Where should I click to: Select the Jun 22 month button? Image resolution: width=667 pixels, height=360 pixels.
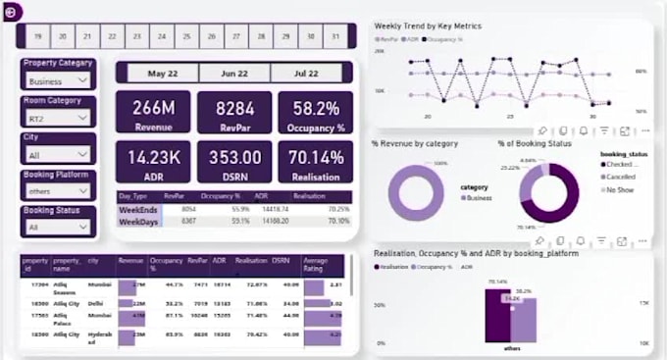(234, 74)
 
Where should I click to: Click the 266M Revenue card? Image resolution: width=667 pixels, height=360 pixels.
(152, 112)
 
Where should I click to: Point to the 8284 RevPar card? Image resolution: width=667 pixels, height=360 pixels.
(234, 112)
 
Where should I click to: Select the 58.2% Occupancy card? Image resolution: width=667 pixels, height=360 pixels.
(315, 112)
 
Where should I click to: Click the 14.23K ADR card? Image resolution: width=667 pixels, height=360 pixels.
(152, 162)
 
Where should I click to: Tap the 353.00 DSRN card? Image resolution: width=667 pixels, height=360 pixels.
(234, 162)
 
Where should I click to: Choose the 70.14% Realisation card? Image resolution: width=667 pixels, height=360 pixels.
(315, 162)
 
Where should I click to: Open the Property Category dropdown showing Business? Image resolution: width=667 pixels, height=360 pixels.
(58, 81)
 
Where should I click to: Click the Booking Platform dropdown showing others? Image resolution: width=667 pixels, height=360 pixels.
(58, 191)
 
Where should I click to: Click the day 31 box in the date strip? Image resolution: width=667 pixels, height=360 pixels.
(336, 37)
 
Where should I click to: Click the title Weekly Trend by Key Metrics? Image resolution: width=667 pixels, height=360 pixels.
(428, 26)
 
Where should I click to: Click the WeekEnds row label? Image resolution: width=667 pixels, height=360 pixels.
(139, 209)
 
